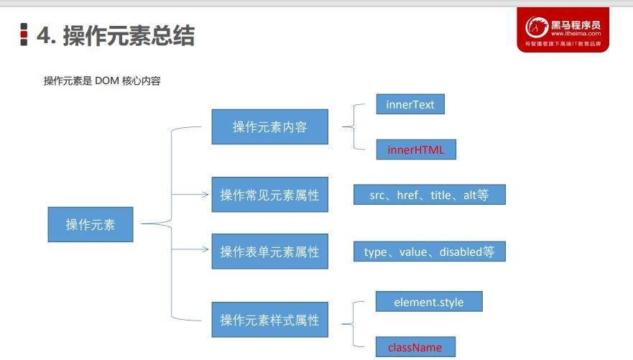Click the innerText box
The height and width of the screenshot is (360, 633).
pos(410,104)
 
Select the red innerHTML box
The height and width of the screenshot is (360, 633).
pos(416,149)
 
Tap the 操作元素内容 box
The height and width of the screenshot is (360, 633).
pos(269,127)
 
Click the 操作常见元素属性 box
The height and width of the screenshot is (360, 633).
pos(269,195)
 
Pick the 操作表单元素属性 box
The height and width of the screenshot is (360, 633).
pos(269,251)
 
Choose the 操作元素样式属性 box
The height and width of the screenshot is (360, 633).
pos(269,320)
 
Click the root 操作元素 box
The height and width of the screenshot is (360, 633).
pos(91,224)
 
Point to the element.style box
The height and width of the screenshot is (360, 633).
pos(429,302)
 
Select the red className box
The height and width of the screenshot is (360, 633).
pos(415,347)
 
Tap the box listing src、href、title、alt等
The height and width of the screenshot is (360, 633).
pos(429,195)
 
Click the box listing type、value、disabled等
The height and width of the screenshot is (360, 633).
pos(429,251)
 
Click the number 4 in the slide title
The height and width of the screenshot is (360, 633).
pos(43,35)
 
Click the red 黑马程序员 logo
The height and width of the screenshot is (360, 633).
pos(563,30)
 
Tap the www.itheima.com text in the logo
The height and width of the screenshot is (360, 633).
pos(576,34)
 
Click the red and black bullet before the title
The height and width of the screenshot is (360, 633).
pos(24,34)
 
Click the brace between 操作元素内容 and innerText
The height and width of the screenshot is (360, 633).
pos(350,127)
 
